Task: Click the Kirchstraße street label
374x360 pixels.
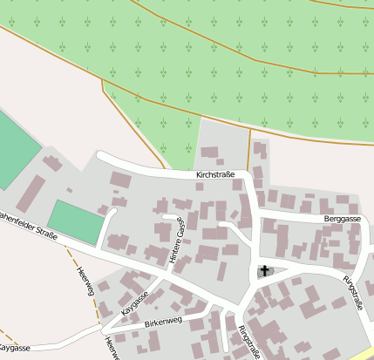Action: click(x=216, y=175)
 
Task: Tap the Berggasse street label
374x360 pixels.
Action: click(x=341, y=221)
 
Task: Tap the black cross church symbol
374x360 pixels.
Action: click(x=264, y=271)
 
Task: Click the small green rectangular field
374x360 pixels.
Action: click(x=75, y=222)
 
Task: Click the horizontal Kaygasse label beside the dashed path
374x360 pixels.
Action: click(x=15, y=348)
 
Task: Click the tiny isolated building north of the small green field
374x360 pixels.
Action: click(x=69, y=189)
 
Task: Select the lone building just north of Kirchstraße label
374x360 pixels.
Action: click(x=210, y=153)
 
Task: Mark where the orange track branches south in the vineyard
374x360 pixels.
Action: click(x=102, y=80)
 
